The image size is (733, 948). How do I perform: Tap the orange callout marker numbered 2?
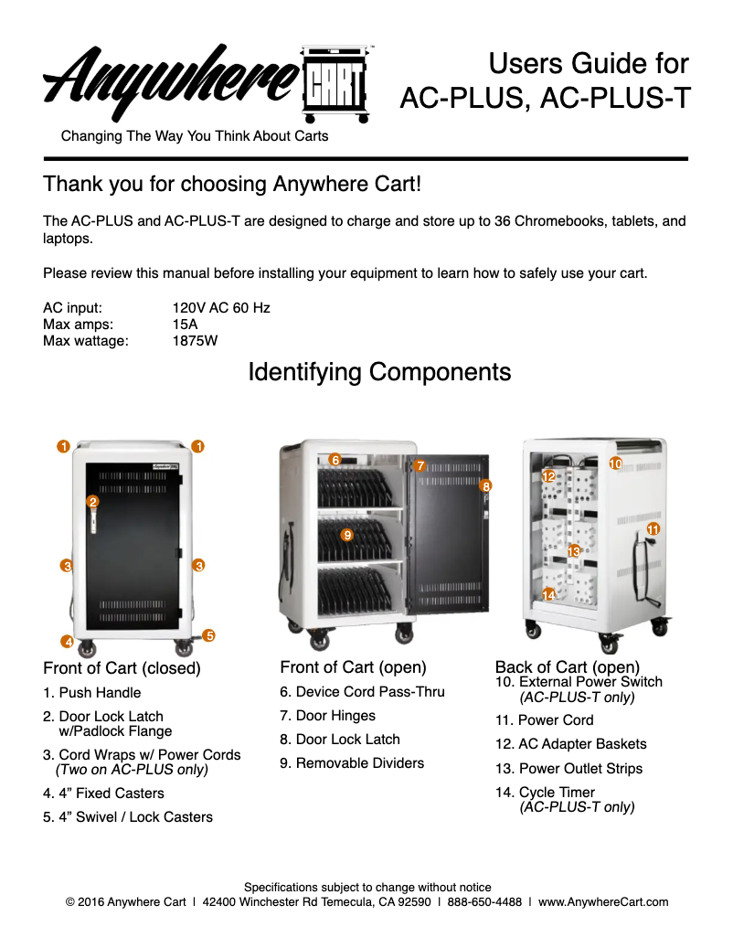(92, 501)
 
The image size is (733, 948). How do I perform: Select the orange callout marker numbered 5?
(209, 634)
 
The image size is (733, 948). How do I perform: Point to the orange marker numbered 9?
(347, 534)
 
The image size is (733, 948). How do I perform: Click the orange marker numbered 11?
(653, 529)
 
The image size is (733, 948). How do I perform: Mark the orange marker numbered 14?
(548, 594)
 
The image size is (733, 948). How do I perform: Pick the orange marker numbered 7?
(420, 465)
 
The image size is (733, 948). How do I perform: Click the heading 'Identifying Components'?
(379, 372)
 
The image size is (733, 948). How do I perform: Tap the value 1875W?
(195, 341)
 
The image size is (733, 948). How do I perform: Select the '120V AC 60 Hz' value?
(221, 308)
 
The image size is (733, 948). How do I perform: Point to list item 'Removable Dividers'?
(360, 762)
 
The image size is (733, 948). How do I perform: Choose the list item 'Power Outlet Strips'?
(580, 768)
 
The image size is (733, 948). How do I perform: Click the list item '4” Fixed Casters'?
(112, 793)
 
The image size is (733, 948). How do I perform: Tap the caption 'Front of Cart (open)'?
(353, 667)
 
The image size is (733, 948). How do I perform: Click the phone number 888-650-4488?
(484, 901)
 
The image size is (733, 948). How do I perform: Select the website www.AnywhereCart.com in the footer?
(603, 901)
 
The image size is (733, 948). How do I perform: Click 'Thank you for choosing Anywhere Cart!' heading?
(232, 184)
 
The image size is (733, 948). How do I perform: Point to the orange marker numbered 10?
(615, 464)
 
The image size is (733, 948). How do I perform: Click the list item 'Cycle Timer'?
(557, 792)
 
